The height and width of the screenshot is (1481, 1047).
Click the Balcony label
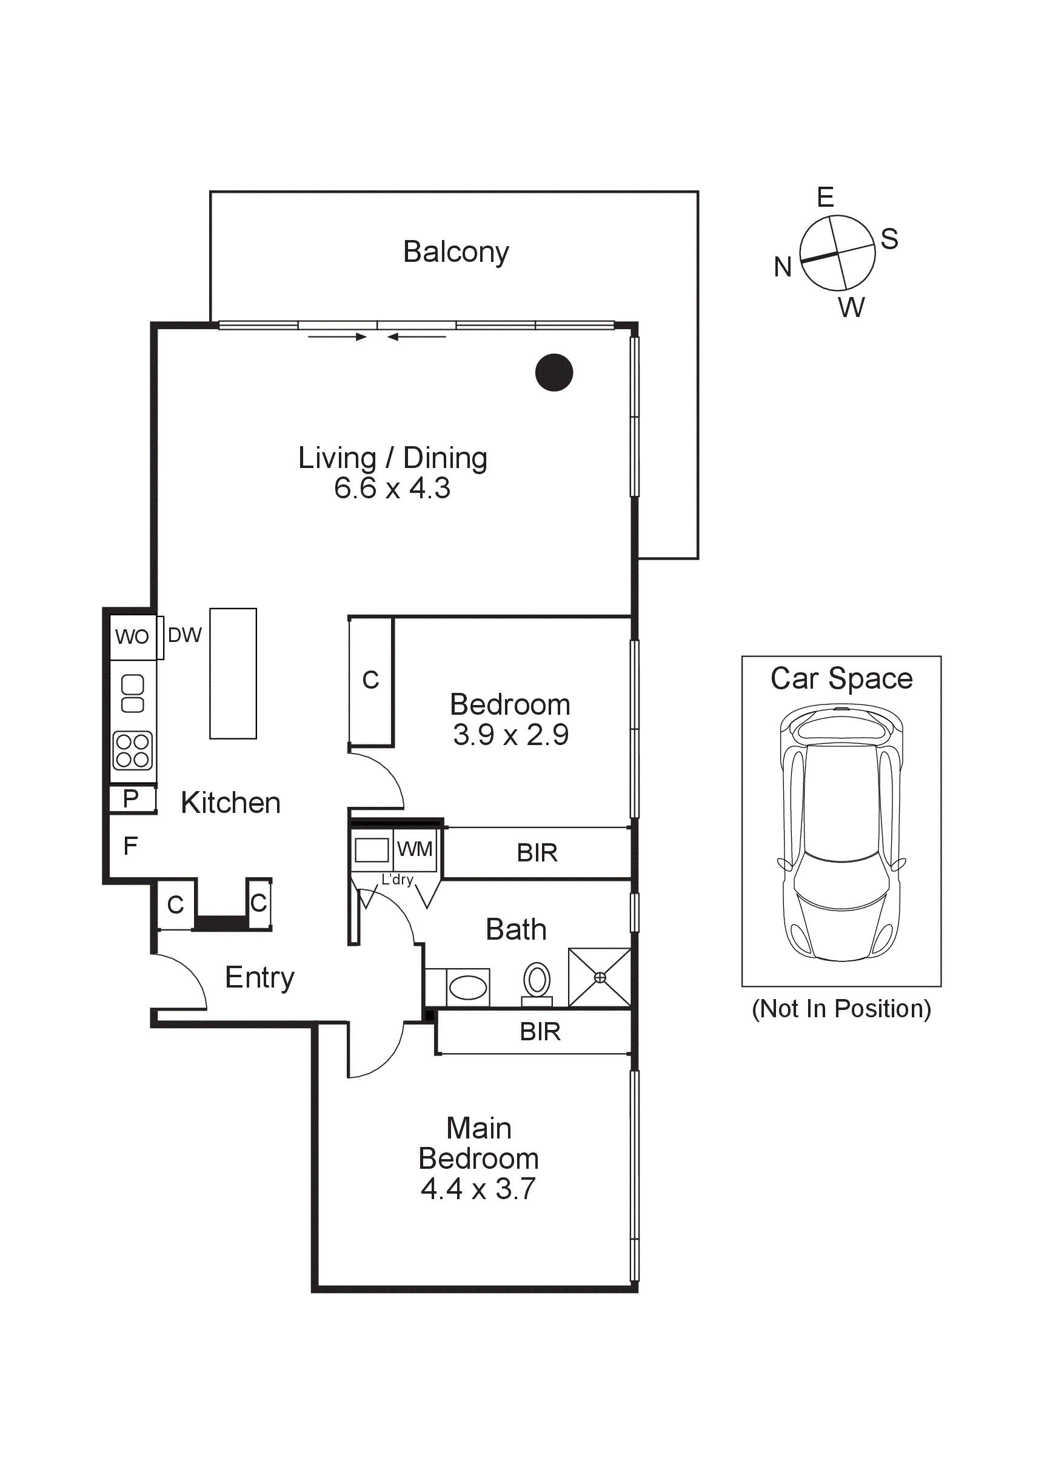coord(455,252)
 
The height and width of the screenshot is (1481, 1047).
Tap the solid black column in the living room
coord(554,372)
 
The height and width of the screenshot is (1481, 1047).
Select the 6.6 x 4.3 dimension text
coord(392,488)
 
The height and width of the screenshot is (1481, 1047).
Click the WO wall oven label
coord(132,637)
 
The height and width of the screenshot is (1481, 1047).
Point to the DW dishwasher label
coord(184,635)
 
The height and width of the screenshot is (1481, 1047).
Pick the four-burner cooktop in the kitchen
coord(133,751)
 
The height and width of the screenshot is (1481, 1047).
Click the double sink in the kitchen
coord(133,694)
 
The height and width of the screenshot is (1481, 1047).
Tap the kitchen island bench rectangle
coord(233,674)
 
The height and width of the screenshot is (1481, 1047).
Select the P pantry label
coord(131,798)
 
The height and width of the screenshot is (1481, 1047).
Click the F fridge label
coord(130,846)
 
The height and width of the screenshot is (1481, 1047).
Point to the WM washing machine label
coord(414,849)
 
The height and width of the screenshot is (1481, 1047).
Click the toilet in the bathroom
coord(537,984)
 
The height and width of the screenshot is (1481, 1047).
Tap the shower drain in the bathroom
coord(600,978)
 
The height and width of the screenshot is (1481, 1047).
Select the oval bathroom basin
coord(467,988)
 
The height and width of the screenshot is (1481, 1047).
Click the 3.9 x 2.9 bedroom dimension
coord(510,735)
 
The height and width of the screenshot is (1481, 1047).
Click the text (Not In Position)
coord(841,1009)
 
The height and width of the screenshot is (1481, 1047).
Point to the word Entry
coord(259,978)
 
